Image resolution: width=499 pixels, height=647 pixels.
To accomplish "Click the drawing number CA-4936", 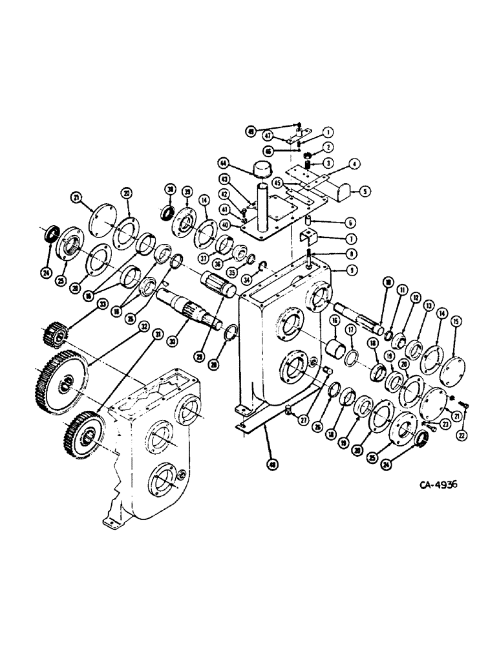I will [x=438, y=485].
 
